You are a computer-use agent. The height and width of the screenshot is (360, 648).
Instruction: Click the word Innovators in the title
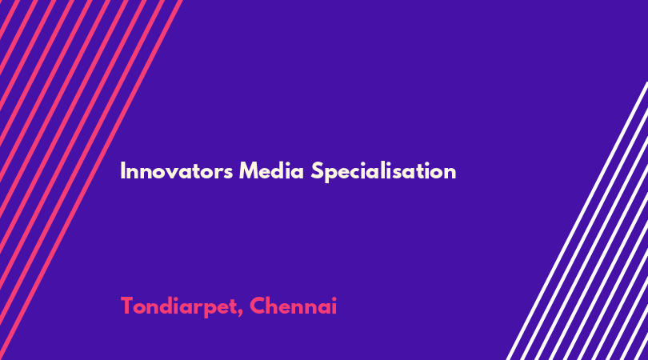[177, 171]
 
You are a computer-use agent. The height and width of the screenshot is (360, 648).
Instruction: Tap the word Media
[271, 170]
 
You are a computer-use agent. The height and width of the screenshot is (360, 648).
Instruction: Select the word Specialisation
[383, 172]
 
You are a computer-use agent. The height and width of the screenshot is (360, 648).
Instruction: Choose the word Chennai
[293, 306]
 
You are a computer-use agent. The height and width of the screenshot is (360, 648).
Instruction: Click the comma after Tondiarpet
[240, 313]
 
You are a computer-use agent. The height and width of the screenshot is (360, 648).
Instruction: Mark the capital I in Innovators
[122, 171]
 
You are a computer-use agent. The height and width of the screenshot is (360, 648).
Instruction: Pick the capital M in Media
[249, 171]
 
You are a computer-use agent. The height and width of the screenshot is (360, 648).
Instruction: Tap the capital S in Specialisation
[317, 171]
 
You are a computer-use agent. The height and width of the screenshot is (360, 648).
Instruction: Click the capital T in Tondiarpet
[127, 306]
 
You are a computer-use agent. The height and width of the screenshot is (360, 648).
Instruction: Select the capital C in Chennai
[258, 306]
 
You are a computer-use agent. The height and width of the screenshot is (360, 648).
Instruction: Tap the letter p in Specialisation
[331, 175]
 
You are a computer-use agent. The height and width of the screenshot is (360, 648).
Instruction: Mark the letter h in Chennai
[274, 306]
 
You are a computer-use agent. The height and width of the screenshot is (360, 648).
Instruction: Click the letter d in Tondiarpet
[164, 306]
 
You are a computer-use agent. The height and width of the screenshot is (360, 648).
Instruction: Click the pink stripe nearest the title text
[90, 180]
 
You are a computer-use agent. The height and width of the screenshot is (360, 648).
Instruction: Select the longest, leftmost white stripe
[577, 221]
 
